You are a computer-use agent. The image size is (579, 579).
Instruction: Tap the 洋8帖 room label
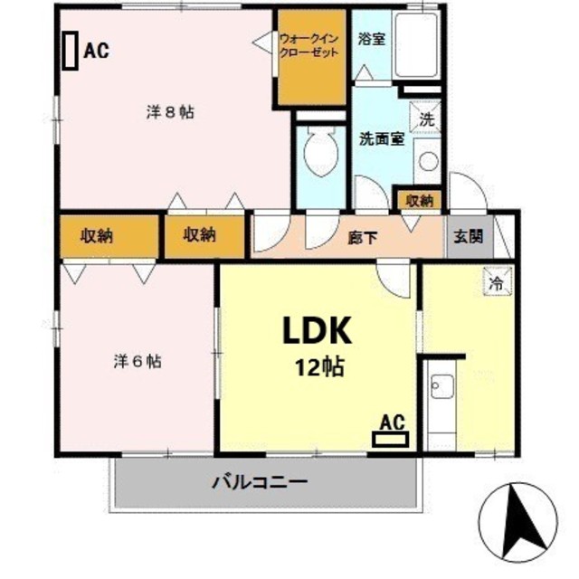point(170,113)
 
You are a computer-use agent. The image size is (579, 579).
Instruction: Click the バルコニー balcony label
point(261,480)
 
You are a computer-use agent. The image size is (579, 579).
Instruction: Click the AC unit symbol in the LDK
point(390,440)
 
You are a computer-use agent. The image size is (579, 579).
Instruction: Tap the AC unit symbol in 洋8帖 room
point(69,50)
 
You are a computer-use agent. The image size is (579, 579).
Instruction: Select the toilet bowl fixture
point(319,155)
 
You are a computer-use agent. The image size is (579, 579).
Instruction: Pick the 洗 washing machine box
point(426,116)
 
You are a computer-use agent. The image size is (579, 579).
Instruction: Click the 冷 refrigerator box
point(496,282)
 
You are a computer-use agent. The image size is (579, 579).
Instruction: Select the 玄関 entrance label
point(468,237)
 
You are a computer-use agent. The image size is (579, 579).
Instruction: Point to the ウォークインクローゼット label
point(310,46)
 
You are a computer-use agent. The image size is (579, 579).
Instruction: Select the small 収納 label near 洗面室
point(419,200)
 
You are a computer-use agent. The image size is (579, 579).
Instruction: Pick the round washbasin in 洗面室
point(427,162)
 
